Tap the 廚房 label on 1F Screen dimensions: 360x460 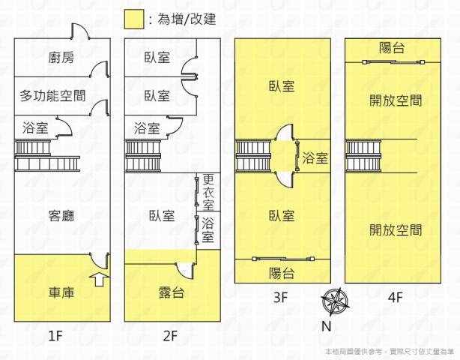click(x=43, y=58)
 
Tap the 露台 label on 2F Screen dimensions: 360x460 click(x=172, y=292)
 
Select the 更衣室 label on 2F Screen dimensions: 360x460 click(x=208, y=193)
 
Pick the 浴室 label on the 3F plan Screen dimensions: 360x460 click(x=315, y=158)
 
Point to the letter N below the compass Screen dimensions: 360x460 click(x=327, y=326)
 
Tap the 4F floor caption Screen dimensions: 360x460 click(x=395, y=297)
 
